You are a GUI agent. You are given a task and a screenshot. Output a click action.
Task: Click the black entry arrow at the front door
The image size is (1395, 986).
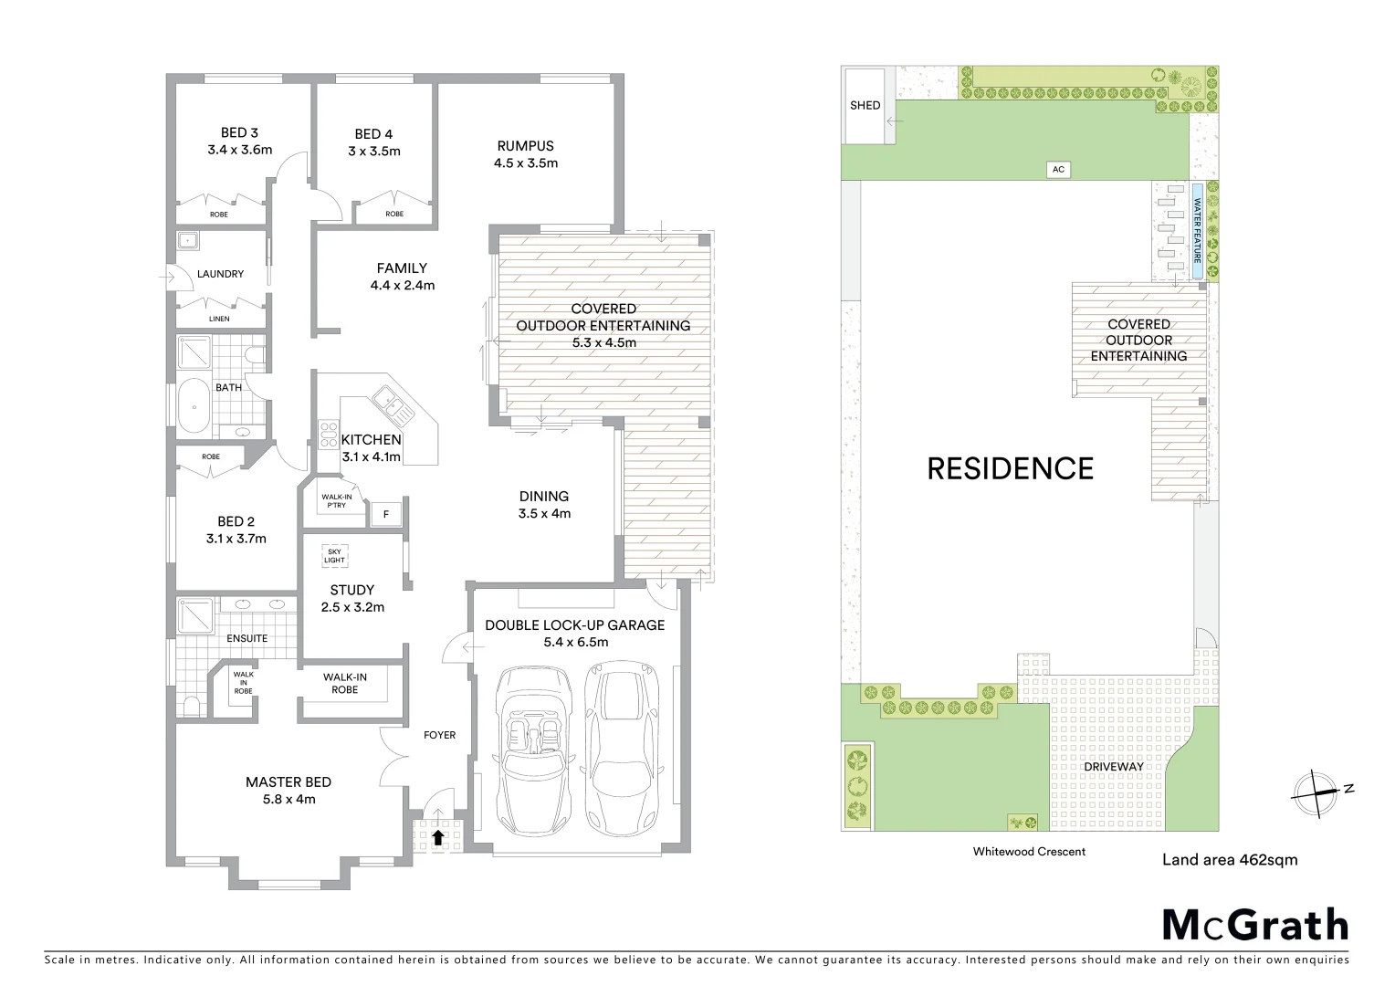438,835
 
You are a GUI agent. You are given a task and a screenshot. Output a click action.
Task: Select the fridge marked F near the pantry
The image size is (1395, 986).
385,515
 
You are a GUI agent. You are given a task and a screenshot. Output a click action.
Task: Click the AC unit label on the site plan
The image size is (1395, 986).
1058,170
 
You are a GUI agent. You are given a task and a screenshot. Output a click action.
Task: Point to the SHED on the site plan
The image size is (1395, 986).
865,105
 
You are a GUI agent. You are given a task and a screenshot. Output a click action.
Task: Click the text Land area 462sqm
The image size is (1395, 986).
1229,859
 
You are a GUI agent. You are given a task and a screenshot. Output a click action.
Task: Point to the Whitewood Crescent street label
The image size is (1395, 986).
1029,852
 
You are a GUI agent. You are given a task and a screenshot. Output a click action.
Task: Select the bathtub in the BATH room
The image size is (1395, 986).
194,406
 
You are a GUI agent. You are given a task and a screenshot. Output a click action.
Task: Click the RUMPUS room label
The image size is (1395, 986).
525,146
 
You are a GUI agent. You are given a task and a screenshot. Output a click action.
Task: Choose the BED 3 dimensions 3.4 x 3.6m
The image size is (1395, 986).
239,150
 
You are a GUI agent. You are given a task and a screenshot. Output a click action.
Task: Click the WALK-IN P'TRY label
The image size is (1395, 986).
333,501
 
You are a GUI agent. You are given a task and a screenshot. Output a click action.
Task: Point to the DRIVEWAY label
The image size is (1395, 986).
1113,767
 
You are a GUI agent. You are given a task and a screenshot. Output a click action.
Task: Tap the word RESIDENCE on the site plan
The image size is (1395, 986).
1010,468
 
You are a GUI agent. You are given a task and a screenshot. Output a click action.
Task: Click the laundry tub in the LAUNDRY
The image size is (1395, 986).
189,242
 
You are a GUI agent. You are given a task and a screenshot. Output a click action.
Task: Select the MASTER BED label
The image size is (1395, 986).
288,782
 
